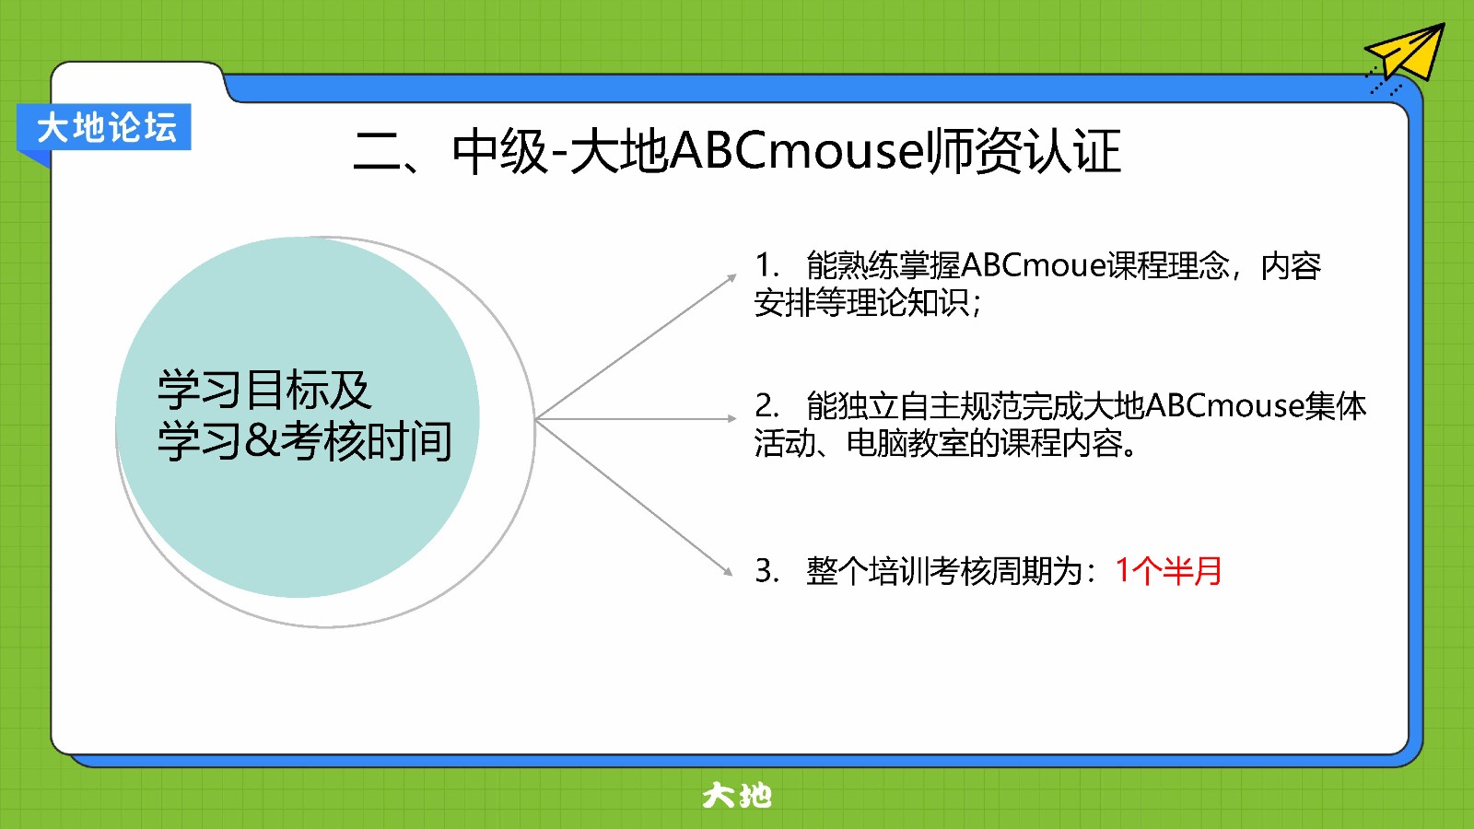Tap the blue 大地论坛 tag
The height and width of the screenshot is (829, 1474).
[104, 128]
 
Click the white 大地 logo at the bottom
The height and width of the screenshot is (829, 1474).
[736, 796]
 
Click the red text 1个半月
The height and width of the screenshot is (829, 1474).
[1169, 570]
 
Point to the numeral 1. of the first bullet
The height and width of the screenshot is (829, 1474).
[767, 265]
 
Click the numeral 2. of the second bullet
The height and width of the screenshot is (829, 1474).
[767, 405]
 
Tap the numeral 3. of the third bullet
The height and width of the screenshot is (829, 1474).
[767, 570]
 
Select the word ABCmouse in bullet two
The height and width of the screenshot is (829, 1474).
[1224, 405]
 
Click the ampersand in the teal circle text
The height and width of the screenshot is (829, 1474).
[262, 441]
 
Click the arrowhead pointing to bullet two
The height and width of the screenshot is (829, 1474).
[731, 418]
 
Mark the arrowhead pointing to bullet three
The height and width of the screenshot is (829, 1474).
[728, 572]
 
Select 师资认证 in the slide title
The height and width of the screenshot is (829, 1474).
[1024, 151]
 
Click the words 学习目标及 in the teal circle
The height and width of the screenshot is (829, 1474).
[264, 391]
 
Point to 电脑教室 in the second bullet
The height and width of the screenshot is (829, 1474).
[907, 443]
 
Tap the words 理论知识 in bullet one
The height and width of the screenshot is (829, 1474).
[908, 303]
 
